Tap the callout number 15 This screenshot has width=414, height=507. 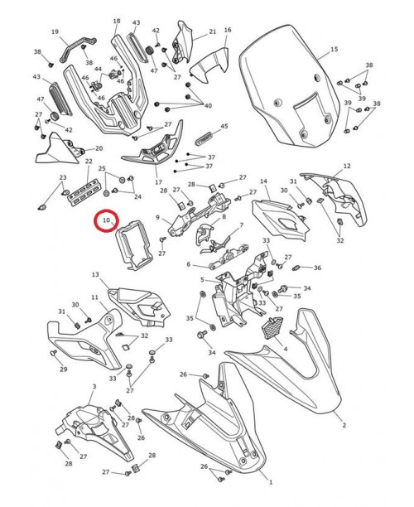point(335,50)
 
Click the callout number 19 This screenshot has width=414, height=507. point(55,32)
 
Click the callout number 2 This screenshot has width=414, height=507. point(344,425)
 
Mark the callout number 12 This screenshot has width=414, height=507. point(347,166)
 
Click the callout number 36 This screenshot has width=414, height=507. point(317,268)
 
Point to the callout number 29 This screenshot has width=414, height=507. point(63,369)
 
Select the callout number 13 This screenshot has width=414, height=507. point(95,274)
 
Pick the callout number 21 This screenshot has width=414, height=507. point(212,31)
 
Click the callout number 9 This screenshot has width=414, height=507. point(156,218)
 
